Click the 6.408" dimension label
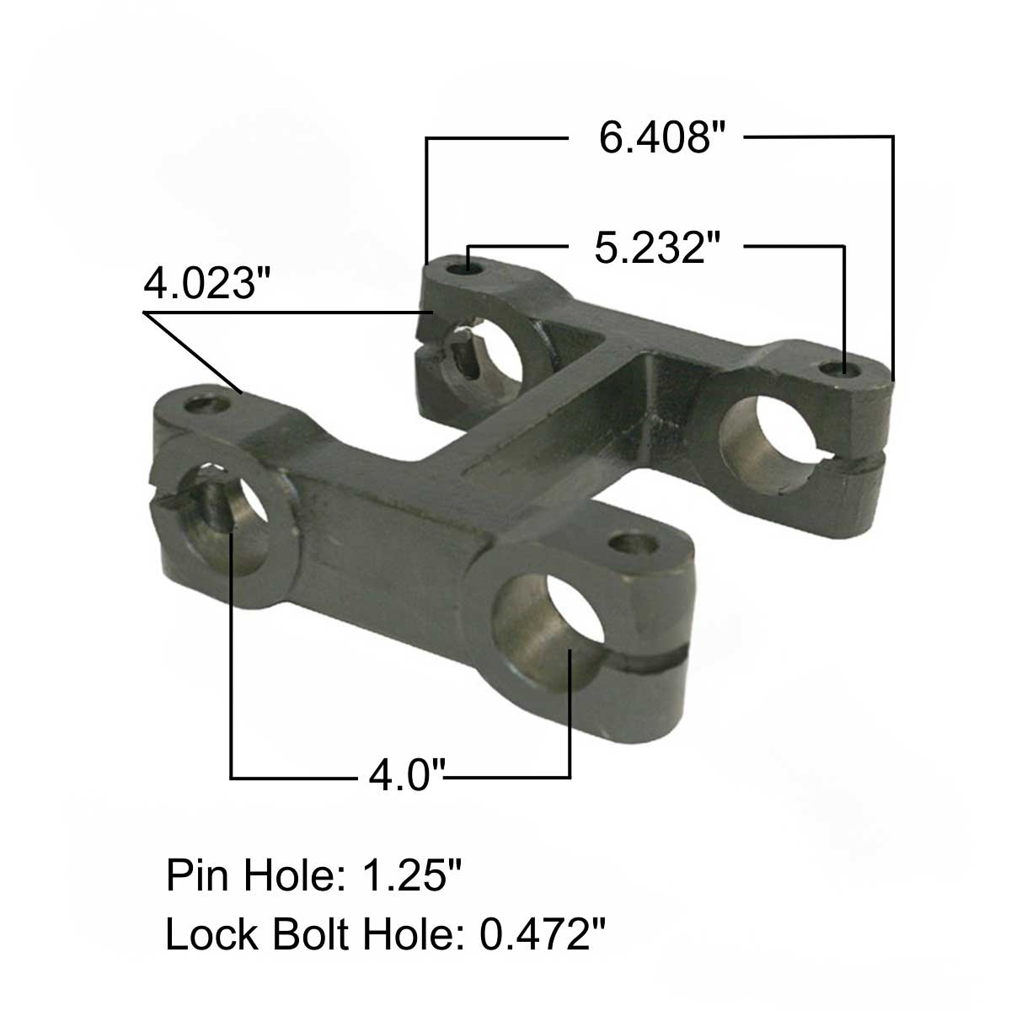coord(662,137)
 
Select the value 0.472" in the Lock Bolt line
coord(543,934)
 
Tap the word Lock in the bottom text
coord(210,934)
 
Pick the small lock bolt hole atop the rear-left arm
coord(465,268)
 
